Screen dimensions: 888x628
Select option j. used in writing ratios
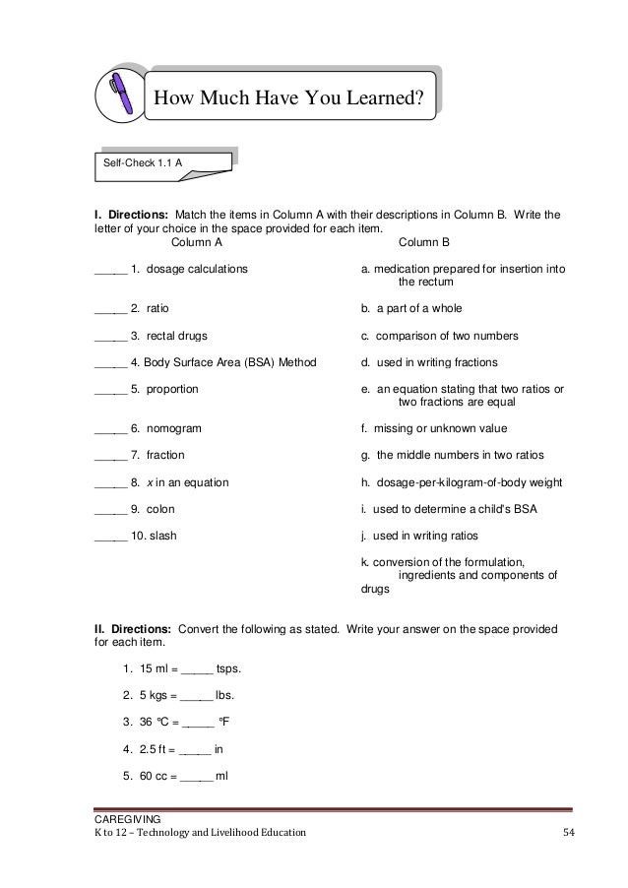(x=424, y=537)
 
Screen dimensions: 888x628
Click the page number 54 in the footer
(x=568, y=834)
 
